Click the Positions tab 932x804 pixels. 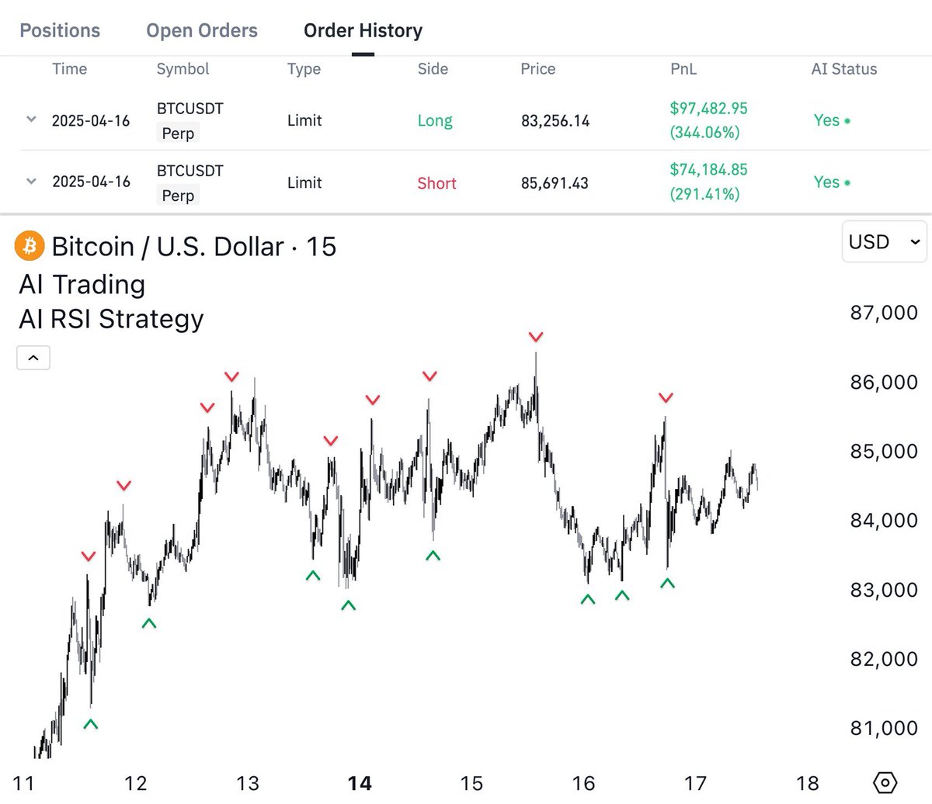coord(60,30)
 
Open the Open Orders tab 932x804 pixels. coord(202,30)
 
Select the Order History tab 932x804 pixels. coord(363,30)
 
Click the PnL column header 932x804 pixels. coord(683,69)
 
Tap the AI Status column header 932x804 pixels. coord(844,69)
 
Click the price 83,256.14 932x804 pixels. coord(555,121)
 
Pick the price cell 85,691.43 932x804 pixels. coord(555,183)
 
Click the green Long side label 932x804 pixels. coord(435,121)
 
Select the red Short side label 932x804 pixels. coord(436,183)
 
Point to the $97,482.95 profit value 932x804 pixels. coord(708,108)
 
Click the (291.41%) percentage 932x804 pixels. coord(704,194)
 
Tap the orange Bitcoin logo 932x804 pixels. coord(30,246)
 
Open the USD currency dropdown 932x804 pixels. coord(884,241)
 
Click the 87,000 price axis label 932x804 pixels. coord(884,313)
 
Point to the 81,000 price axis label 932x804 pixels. coord(884,728)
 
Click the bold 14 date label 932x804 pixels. coord(360,784)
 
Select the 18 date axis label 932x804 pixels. coord(807,784)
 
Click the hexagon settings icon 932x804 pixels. coord(885,783)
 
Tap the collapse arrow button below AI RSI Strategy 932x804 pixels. coord(33,358)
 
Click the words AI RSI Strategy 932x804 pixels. coord(111,320)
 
